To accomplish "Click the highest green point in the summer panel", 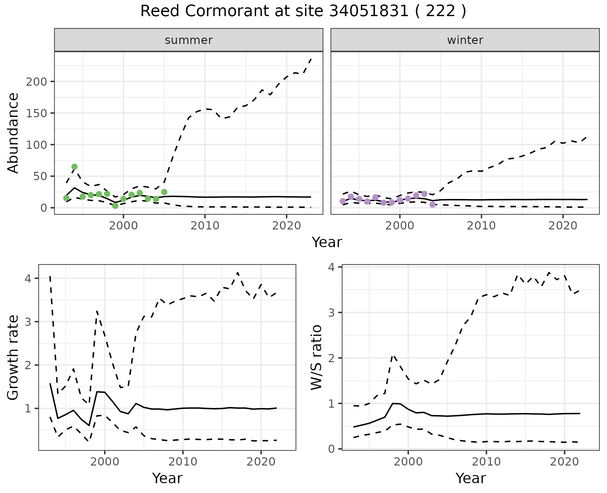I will click(x=74, y=167).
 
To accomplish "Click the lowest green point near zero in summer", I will click(x=115, y=206).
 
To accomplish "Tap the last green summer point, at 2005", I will click(x=164, y=192).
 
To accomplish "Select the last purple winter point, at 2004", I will click(x=432, y=204).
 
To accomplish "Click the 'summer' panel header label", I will click(x=189, y=40).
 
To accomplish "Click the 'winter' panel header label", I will click(x=465, y=40).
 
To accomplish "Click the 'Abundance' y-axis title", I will click(x=13, y=133).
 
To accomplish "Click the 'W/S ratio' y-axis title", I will click(x=316, y=357).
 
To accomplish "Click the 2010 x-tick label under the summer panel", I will click(x=205, y=226).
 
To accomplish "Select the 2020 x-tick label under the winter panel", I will click(x=563, y=226).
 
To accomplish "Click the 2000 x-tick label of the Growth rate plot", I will click(x=105, y=462).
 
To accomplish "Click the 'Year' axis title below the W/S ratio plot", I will click(x=470, y=478).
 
